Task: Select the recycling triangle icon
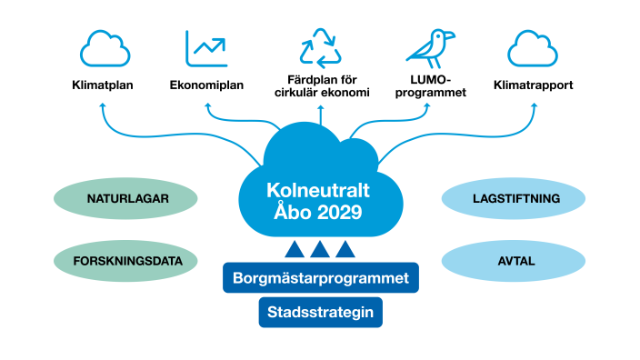pyautogui.click(x=320, y=48)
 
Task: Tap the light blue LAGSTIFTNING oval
pyautogui.click(x=515, y=198)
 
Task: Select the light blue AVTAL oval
pyautogui.click(x=515, y=261)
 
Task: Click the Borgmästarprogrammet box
pyautogui.click(x=321, y=278)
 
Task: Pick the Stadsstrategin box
pyautogui.click(x=321, y=313)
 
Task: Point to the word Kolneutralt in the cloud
pyautogui.click(x=315, y=192)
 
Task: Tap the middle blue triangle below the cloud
pyautogui.click(x=320, y=249)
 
